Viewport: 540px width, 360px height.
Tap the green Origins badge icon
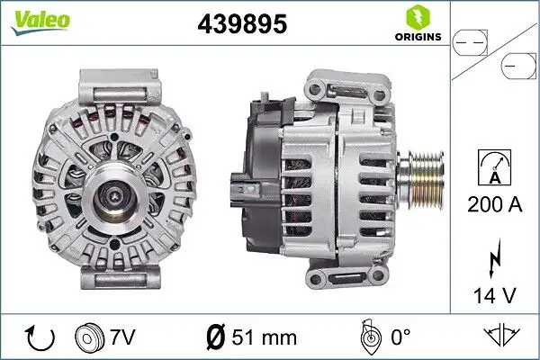[417, 17]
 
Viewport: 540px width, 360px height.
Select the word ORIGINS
[418, 37]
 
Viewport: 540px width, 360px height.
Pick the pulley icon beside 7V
[91, 337]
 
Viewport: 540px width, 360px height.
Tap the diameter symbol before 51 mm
[217, 337]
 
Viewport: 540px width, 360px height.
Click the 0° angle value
[400, 337]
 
